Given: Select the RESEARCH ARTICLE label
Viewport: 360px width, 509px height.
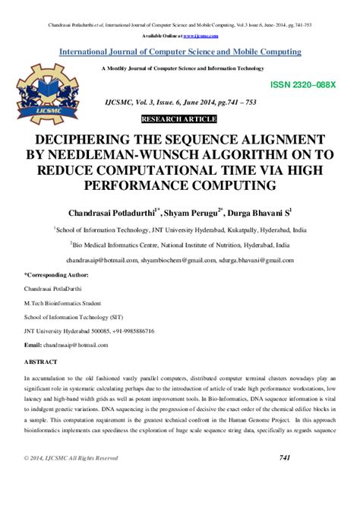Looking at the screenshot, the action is click(180, 119).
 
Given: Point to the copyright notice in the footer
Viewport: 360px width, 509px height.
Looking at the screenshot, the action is click(71, 458).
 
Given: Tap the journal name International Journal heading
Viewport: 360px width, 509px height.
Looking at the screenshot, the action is click(180, 52).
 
